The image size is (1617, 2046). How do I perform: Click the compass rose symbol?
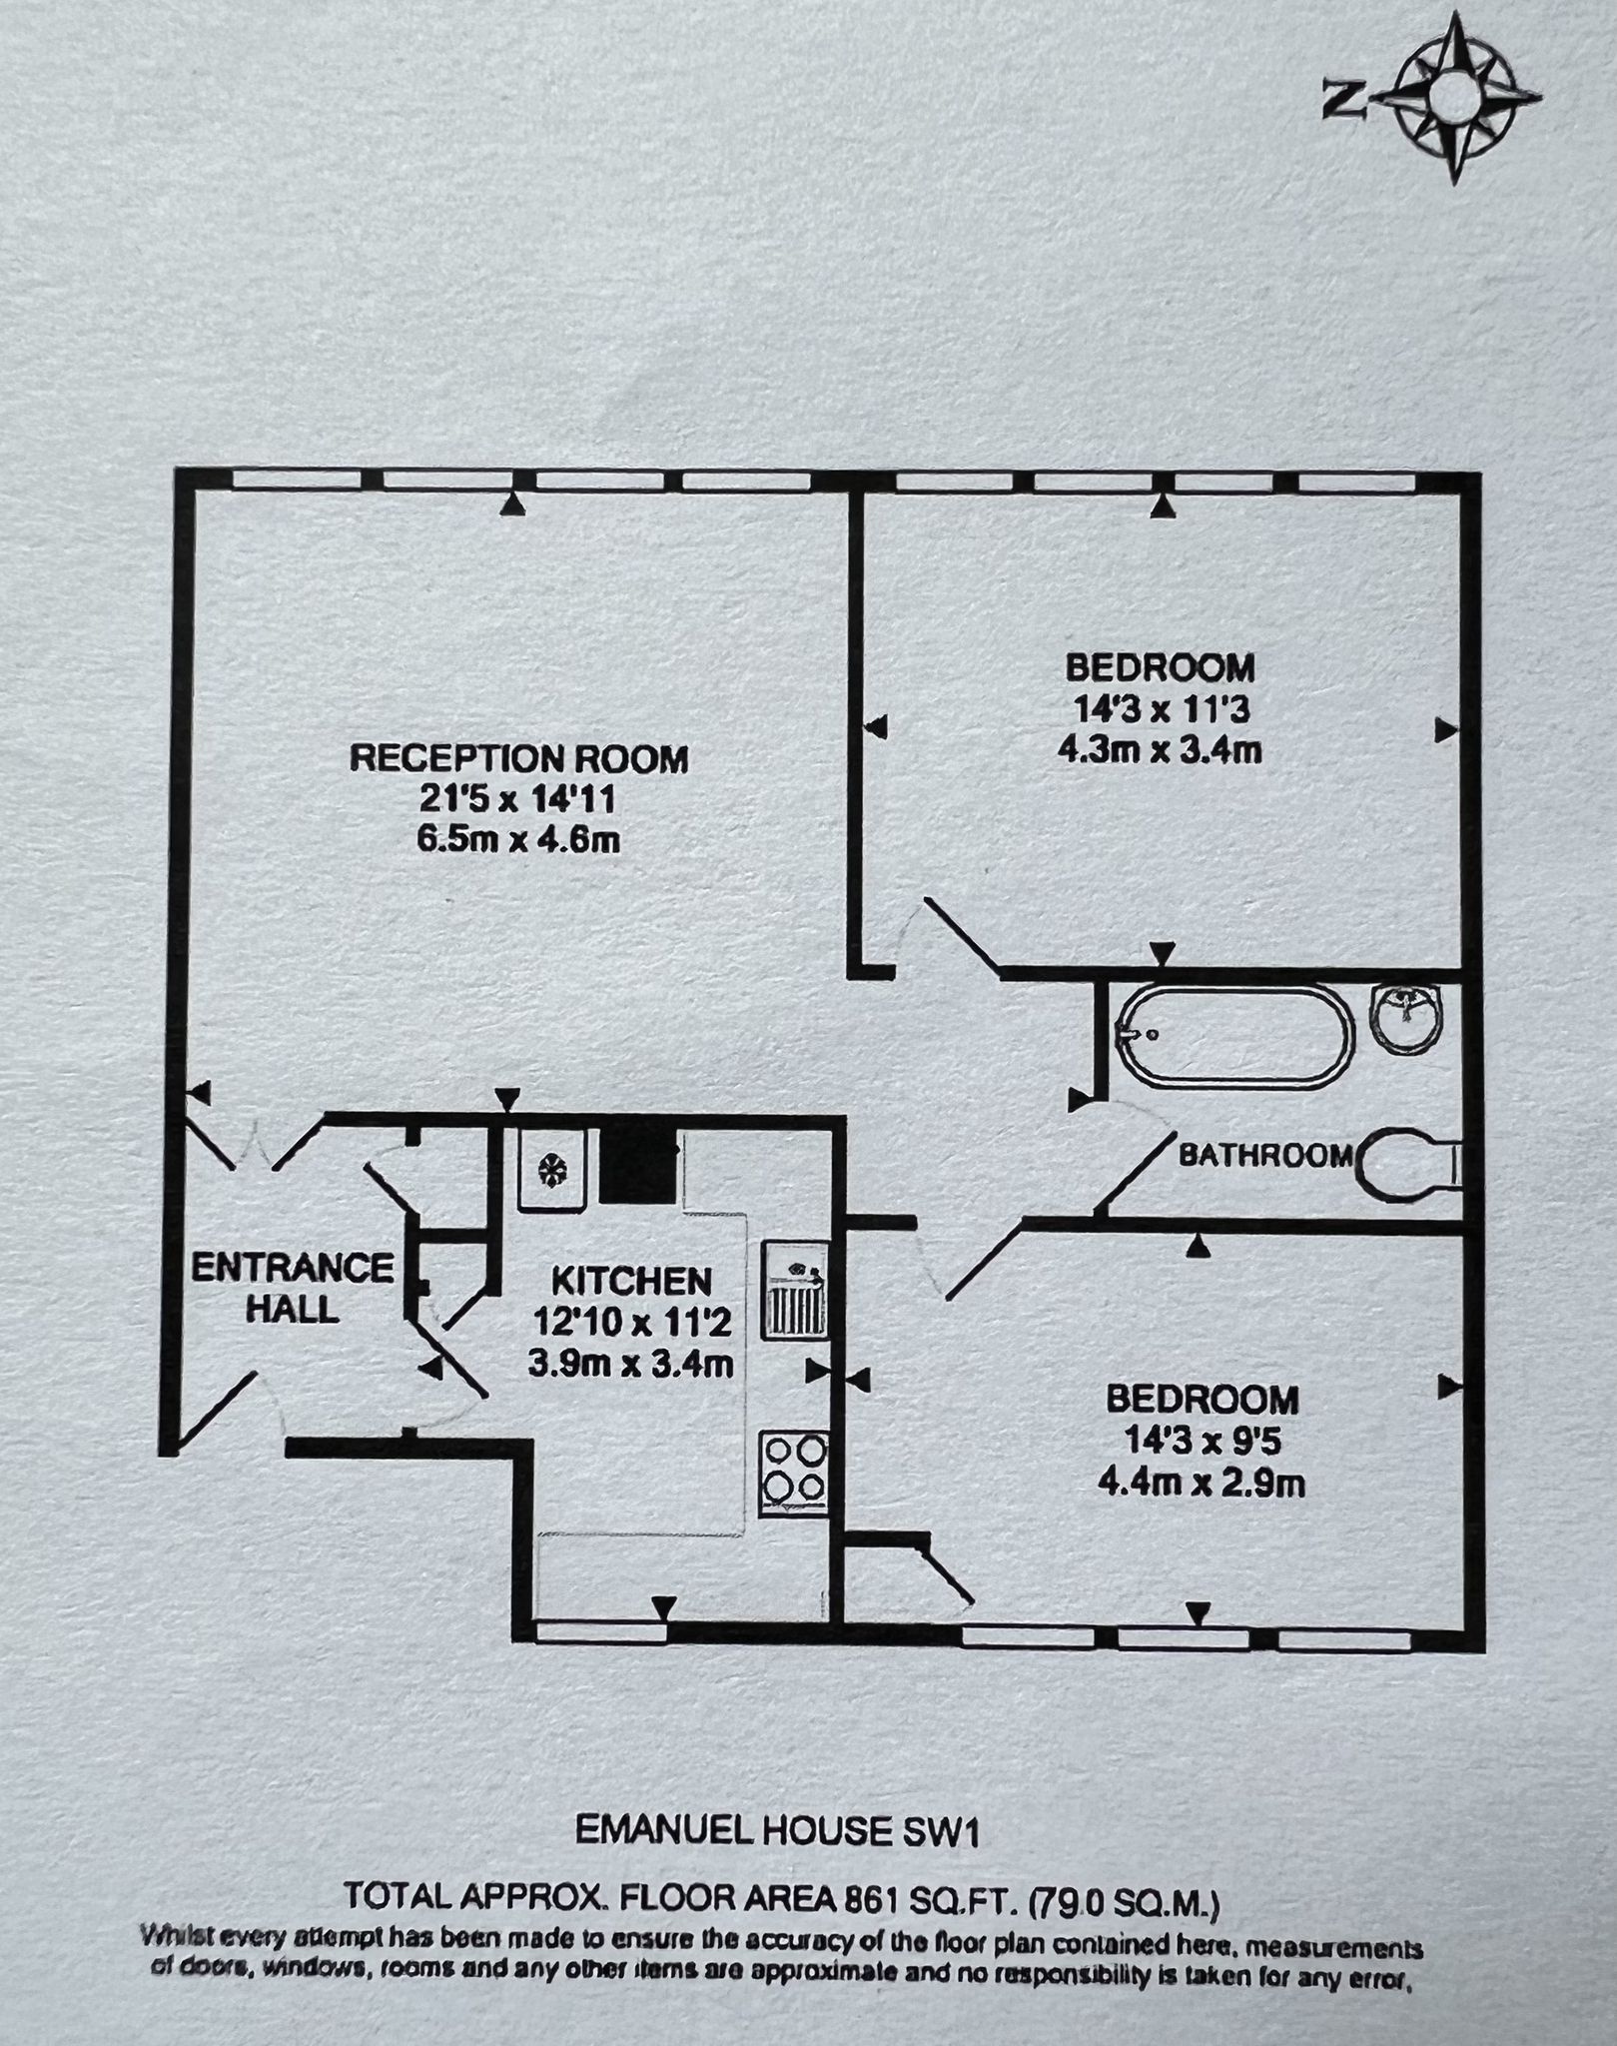coord(1455,100)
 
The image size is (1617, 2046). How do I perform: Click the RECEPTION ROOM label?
coord(518,758)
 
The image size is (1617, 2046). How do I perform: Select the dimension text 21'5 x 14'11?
coord(518,799)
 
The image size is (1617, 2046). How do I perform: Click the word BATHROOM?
coord(1265,1156)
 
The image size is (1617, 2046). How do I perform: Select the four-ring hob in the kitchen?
coord(794,1474)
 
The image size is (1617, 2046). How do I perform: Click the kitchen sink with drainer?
coord(795,1291)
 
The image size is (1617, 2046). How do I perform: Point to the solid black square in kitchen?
coord(638,1167)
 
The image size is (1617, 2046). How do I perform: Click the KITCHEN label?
coord(631,1281)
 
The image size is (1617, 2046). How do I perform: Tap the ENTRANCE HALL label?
coord(293,1288)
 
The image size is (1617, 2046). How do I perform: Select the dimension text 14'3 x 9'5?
coord(1202,1442)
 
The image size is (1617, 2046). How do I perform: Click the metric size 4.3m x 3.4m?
coord(1160,749)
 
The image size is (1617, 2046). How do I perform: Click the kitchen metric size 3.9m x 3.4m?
coord(631,1363)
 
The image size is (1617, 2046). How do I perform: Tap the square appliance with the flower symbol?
coord(551,1169)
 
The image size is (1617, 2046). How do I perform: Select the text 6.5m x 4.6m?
coord(518,840)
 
